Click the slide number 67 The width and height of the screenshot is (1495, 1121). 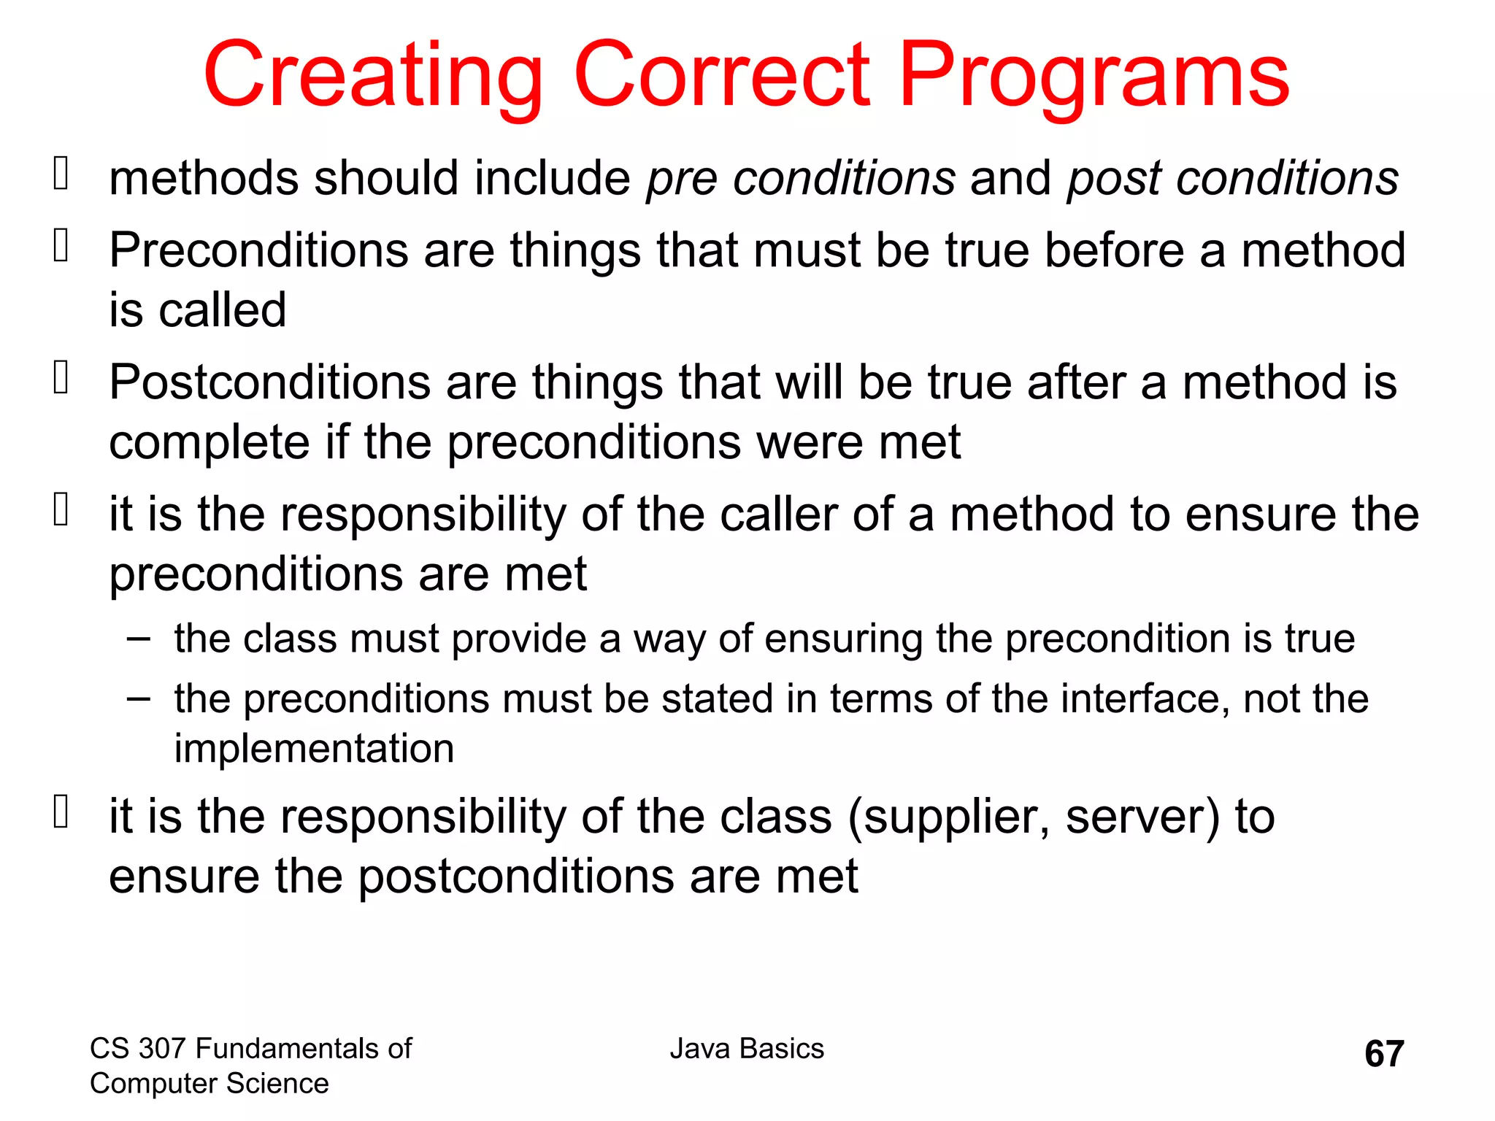1384,1054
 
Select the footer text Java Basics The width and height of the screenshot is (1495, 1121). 747,1049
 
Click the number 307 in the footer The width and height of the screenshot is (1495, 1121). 162,1049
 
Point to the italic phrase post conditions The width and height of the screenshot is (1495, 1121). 1232,179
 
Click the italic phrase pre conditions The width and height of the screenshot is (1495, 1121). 800,179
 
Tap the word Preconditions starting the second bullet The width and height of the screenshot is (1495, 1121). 258,250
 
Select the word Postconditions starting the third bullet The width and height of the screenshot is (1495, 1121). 269,382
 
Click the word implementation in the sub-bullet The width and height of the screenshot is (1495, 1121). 314,749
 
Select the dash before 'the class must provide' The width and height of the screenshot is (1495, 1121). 138,639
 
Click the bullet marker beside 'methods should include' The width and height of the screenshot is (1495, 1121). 61,175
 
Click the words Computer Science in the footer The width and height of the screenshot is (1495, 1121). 209,1084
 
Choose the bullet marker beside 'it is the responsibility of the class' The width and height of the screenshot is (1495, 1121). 61,812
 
